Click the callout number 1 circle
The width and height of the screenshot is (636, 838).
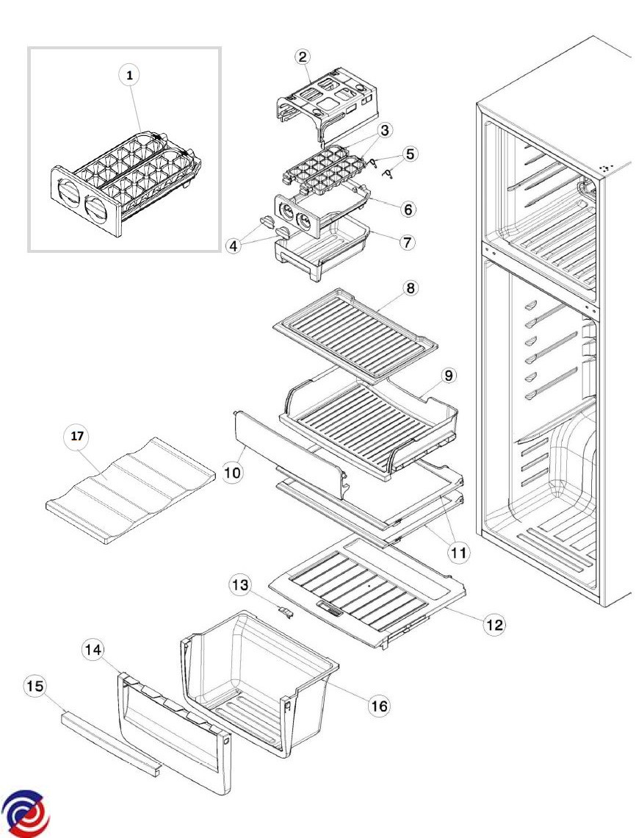pyautogui.click(x=130, y=74)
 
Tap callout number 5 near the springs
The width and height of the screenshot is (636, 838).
pyautogui.click(x=410, y=154)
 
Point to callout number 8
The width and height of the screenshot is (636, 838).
pyautogui.click(x=411, y=288)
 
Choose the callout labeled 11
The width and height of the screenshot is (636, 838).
pyautogui.click(x=459, y=551)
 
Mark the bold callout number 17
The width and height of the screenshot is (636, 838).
pyautogui.click(x=77, y=436)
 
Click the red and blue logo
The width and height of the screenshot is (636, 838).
pyautogui.click(x=26, y=814)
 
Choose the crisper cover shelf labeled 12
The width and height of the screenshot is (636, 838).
pyautogui.click(x=367, y=588)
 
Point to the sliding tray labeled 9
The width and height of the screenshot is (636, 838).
pyautogui.click(x=367, y=426)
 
